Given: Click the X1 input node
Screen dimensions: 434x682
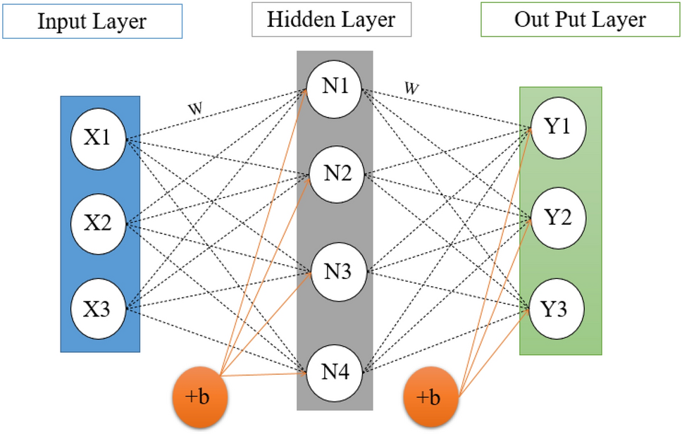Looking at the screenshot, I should click(x=99, y=138).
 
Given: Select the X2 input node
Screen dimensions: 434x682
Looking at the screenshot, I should click(x=99, y=224).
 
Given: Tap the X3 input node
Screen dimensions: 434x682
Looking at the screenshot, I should click(x=99, y=309).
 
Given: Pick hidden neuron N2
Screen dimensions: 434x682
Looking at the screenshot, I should click(x=334, y=174).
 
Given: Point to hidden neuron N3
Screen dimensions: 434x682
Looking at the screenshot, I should click(x=334, y=271).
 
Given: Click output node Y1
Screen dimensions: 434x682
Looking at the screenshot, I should click(x=559, y=128).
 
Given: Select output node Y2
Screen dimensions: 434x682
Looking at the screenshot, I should click(x=559, y=218).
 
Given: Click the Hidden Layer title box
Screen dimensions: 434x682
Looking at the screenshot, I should click(x=331, y=20).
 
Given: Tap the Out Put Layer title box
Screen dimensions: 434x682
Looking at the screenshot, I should click(x=579, y=19).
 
